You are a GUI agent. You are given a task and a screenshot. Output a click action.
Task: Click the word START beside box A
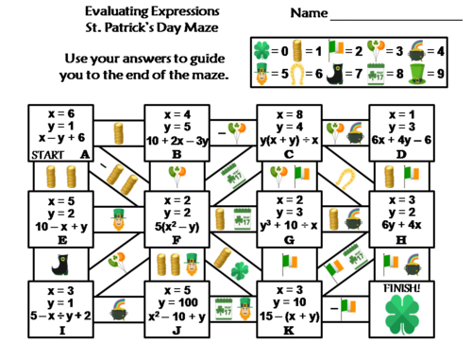[20, 152]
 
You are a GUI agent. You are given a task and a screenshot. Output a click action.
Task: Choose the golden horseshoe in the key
[302, 72]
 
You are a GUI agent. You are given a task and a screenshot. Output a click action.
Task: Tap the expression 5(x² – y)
[178, 228]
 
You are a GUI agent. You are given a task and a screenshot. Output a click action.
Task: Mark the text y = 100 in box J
[179, 302]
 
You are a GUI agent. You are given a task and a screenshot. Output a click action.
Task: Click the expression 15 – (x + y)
[291, 315]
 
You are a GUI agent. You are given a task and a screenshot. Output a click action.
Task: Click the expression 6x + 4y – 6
[404, 140]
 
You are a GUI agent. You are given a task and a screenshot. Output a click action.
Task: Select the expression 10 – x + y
[66, 228]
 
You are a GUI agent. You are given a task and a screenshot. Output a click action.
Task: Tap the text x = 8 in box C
[291, 113]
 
